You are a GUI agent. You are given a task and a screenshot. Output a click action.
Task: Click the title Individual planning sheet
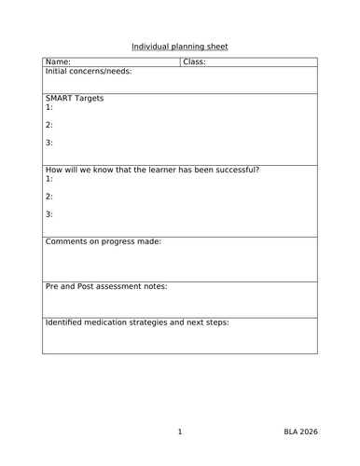click(179, 46)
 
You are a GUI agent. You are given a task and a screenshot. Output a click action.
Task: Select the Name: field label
click(58, 62)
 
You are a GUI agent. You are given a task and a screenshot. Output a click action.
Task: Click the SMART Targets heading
click(75, 98)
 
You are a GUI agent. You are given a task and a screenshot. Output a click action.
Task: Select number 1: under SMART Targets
click(49, 107)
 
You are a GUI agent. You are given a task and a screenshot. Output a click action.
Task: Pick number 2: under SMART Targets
click(49, 125)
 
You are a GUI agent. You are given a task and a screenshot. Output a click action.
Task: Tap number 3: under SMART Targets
click(49, 143)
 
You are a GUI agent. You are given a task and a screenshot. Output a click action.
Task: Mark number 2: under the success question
click(49, 197)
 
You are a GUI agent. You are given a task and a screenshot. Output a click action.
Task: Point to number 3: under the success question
click(49, 214)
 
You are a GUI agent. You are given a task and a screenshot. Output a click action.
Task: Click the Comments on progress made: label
click(104, 241)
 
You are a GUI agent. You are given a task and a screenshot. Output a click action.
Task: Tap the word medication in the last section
click(116, 322)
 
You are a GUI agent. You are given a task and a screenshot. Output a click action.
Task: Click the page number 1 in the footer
click(179, 432)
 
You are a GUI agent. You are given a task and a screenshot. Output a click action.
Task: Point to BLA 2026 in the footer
click(302, 432)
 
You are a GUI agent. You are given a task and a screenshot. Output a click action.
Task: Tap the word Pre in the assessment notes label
click(53, 287)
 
